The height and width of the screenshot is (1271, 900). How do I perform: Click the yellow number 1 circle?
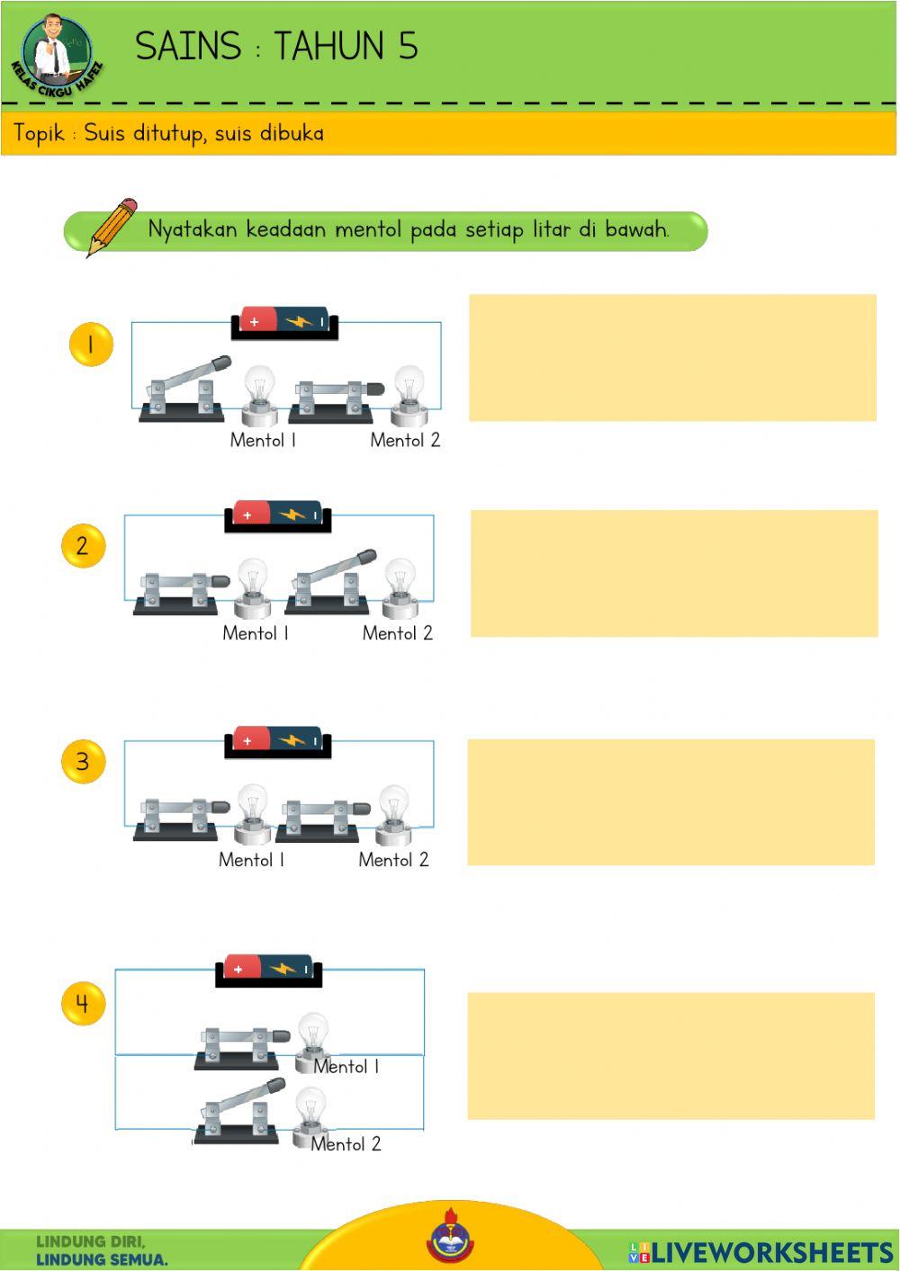(91, 344)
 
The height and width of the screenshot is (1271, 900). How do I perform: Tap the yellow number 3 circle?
(84, 762)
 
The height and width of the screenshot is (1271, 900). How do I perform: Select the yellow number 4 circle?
(84, 1003)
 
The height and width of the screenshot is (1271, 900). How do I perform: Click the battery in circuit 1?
(284, 322)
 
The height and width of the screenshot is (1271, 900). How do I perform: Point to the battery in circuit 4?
(268, 970)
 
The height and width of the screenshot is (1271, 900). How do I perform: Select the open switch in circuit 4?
(239, 1111)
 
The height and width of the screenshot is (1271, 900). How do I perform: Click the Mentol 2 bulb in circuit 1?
(409, 396)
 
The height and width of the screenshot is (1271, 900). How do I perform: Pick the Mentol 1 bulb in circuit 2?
(252, 588)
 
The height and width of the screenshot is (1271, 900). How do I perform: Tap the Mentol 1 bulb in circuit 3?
(252, 814)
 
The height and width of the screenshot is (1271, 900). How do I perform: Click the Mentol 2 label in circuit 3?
(393, 860)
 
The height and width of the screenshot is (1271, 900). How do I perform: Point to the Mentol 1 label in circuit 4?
(346, 1067)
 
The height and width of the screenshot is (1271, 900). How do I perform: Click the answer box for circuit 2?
(674, 573)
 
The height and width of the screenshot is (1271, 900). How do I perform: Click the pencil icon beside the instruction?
(112, 227)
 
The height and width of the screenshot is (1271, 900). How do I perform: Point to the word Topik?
(39, 133)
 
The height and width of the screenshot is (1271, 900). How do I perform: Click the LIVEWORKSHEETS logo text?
(772, 1253)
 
